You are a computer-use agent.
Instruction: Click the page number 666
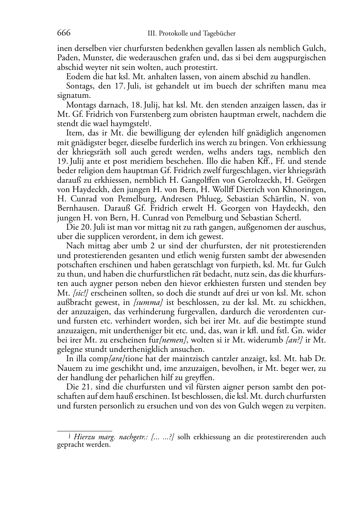pos(64,33)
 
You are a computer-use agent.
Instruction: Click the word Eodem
pos(76,77)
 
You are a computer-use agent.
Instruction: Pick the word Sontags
pos(79,86)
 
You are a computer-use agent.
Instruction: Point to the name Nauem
pos(68,368)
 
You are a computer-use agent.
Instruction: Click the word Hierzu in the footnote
pos(83,437)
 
